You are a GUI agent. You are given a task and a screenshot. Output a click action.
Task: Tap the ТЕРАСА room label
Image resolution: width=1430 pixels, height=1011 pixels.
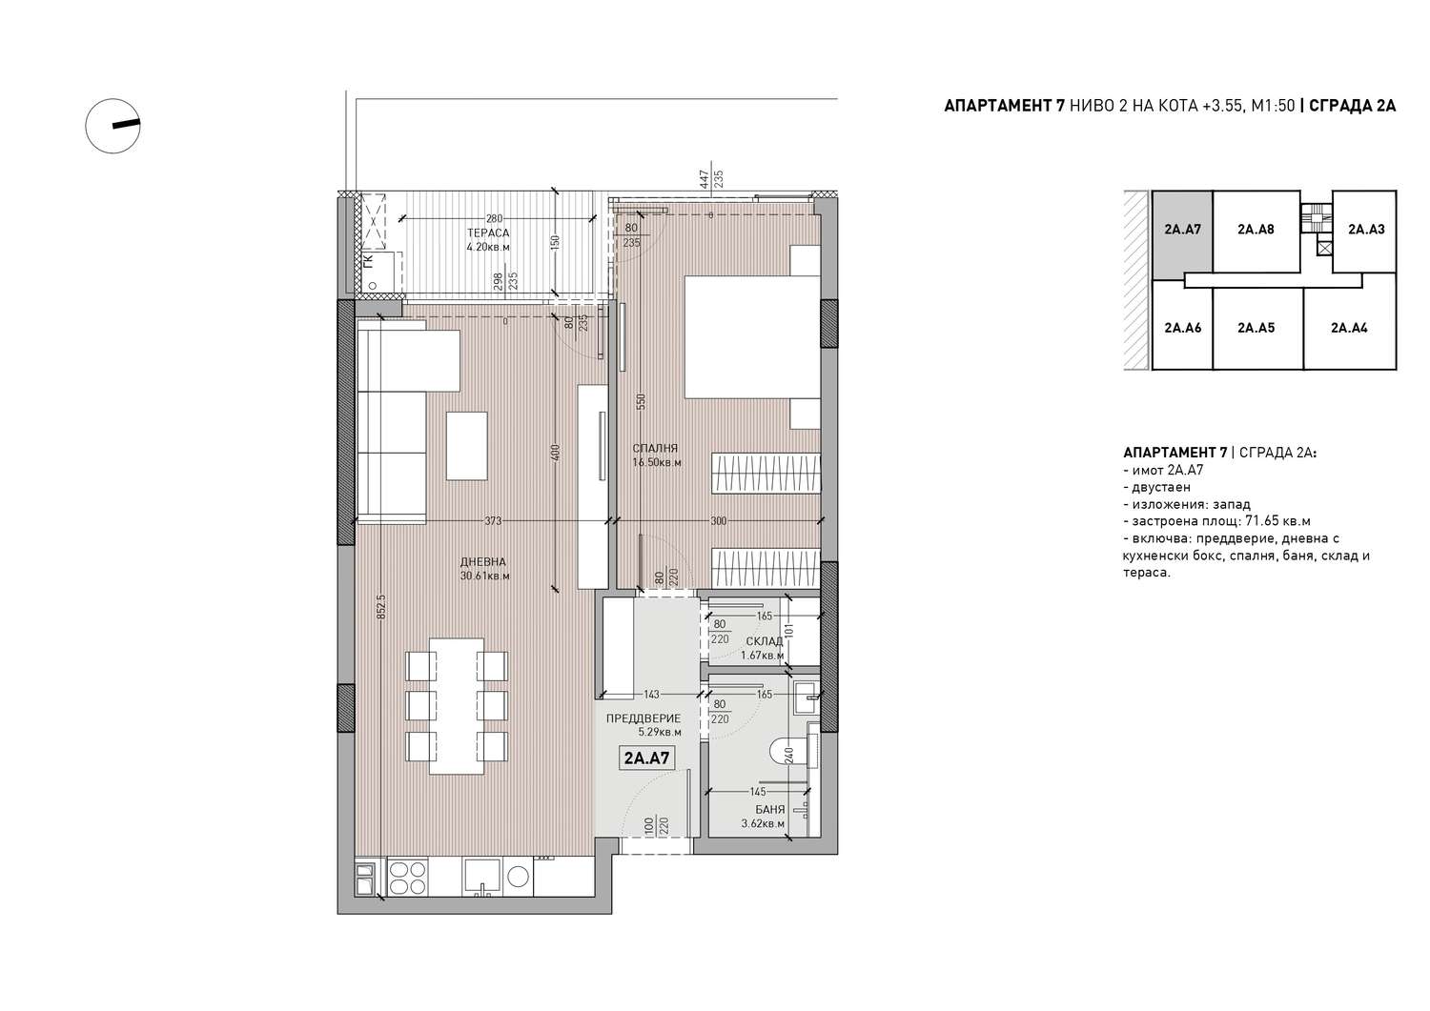click(488, 233)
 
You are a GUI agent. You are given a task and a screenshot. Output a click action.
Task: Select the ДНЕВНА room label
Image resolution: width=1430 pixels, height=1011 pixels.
click(482, 562)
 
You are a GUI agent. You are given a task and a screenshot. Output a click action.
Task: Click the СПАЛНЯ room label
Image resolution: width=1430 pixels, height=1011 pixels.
click(655, 448)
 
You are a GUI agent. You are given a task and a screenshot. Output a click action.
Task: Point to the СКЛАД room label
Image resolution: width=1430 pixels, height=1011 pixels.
click(765, 641)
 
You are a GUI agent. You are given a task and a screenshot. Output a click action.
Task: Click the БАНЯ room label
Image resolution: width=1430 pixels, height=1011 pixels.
click(770, 809)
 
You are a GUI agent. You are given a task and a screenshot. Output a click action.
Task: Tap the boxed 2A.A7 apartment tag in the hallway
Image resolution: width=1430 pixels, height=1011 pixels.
click(646, 758)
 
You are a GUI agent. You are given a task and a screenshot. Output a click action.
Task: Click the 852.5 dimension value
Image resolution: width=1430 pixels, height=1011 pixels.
click(381, 607)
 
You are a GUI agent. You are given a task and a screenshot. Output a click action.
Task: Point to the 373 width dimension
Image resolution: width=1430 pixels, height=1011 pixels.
click(493, 521)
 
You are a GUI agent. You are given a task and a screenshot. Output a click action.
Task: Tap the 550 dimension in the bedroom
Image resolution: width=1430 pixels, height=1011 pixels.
click(642, 401)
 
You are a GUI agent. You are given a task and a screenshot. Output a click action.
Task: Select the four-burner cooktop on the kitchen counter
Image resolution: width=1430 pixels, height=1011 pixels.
click(408, 879)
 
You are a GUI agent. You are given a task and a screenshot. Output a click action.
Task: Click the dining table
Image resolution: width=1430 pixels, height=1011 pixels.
click(457, 706)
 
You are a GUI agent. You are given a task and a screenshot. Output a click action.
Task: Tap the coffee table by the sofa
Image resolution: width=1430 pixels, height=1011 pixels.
click(467, 446)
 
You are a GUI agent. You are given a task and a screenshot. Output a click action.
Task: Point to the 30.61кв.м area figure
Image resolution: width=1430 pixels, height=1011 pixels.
click(484, 576)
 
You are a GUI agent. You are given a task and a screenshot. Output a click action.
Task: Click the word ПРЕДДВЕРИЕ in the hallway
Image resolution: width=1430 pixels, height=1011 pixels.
click(643, 718)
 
